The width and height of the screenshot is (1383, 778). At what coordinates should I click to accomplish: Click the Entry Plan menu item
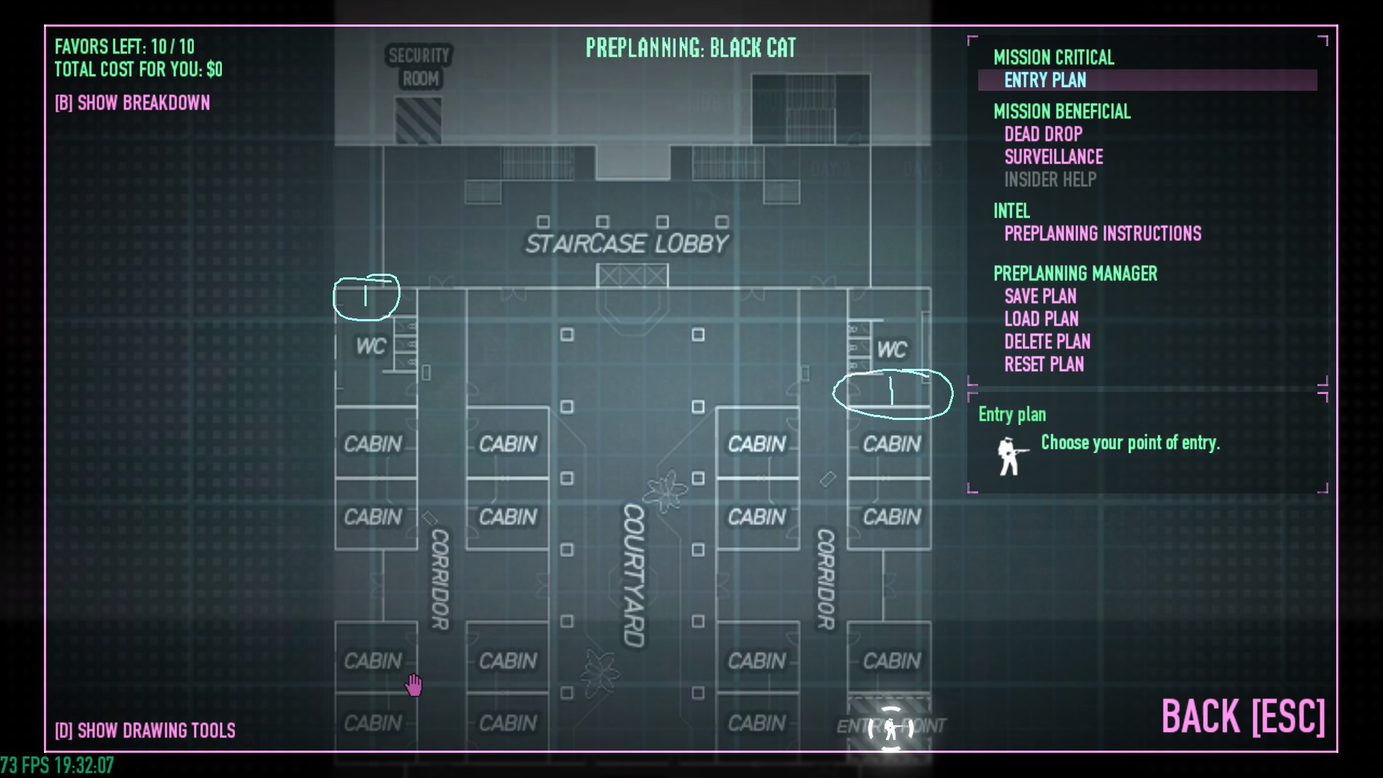(x=1045, y=80)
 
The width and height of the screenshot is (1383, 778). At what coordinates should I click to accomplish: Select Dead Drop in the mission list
(x=1043, y=134)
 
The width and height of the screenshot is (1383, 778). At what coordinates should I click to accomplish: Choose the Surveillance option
(x=1053, y=157)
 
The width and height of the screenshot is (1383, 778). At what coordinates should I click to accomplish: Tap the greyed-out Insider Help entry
(x=1050, y=179)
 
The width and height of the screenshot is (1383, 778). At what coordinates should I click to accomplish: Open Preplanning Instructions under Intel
(x=1102, y=233)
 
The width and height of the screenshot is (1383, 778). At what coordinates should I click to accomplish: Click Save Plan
(x=1040, y=296)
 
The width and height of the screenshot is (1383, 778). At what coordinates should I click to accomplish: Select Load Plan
(x=1041, y=319)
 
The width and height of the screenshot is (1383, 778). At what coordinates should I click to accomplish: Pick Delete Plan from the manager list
(x=1047, y=341)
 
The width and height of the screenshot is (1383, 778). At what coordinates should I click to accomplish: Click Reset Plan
(x=1044, y=365)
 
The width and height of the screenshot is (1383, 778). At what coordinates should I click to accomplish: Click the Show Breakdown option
(x=133, y=103)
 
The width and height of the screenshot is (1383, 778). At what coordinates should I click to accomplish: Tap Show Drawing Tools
(x=145, y=730)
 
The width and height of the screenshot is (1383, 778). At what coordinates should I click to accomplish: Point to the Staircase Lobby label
(x=627, y=244)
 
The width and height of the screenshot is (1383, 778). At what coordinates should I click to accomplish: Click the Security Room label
(x=419, y=67)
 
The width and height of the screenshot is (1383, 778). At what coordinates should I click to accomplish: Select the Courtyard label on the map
(x=633, y=575)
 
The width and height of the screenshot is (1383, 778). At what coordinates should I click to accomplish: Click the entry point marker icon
(x=891, y=728)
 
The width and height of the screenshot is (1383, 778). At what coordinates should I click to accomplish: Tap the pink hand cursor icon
(x=413, y=685)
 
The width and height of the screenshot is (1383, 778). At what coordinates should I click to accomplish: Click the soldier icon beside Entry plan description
(x=1011, y=456)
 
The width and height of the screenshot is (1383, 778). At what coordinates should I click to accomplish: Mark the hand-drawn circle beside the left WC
(x=366, y=297)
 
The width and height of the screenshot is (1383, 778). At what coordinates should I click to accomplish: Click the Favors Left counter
(x=125, y=47)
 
